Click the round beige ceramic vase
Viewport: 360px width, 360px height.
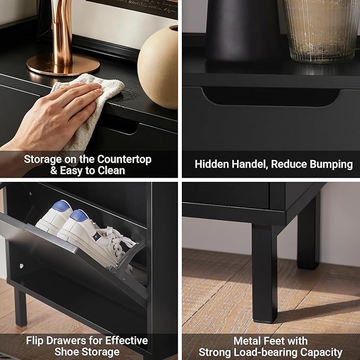click(x=157, y=68)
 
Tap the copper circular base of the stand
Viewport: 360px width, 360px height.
click(x=63, y=66)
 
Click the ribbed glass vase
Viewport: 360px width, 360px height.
click(x=321, y=30)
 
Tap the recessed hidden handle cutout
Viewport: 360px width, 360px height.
click(x=271, y=97)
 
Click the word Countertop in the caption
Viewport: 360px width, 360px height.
click(x=124, y=160)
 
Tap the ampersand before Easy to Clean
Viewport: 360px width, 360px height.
click(x=54, y=171)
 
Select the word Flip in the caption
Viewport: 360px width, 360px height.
click(x=34, y=341)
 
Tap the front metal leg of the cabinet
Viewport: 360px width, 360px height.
click(x=265, y=273)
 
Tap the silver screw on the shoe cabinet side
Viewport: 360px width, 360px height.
click(x=21, y=266)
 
